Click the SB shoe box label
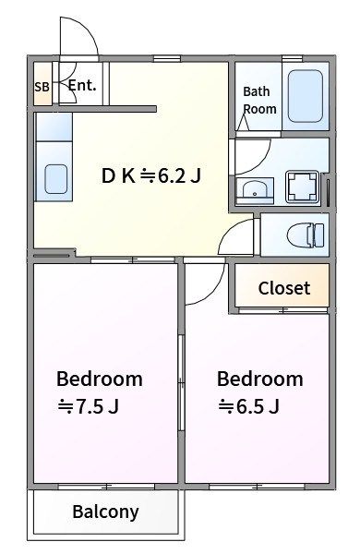click(x=42, y=87)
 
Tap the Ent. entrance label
click(x=82, y=85)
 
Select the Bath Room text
click(x=259, y=101)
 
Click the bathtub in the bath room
click(x=306, y=96)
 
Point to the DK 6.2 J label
click(x=151, y=175)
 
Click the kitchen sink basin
click(x=55, y=179)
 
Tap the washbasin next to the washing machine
click(x=255, y=190)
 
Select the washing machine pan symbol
click(x=303, y=187)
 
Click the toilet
click(x=306, y=235)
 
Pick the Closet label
click(x=284, y=288)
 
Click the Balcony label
click(x=105, y=512)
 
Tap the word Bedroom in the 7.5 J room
click(x=100, y=379)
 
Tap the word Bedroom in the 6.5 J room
click(x=260, y=379)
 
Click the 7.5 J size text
click(x=88, y=406)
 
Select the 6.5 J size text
click(x=248, y=406)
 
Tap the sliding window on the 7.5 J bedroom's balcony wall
click(x=106, y=487)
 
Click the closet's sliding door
click(x=283, y=310)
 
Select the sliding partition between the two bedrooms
click(x=181, y=382)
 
